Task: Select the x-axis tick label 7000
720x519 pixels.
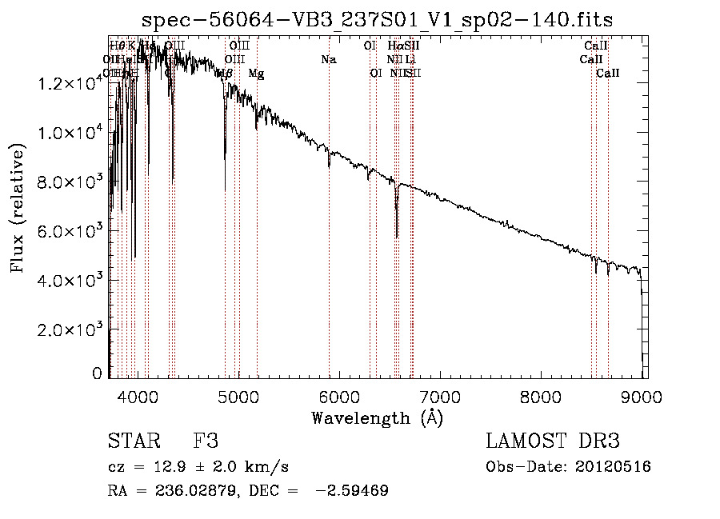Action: click(439, 397)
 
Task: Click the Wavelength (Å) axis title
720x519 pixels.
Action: click(377, 417)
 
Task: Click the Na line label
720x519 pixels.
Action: click(328, 60)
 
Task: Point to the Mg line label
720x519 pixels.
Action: click(256, 74)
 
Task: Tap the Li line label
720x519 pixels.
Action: click(410, 60)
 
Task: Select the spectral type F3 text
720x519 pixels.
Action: click(206, 441)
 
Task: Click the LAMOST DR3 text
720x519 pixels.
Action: click(553, 441)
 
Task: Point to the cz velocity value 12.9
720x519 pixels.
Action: click(163, 467)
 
